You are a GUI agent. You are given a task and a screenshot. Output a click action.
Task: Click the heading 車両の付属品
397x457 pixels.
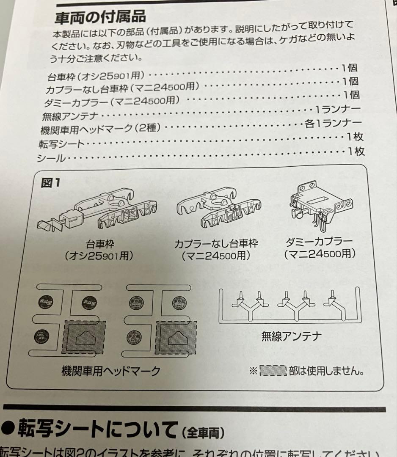click(101, 17)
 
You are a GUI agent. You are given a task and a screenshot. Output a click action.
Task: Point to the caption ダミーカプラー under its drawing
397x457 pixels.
click(320, 242)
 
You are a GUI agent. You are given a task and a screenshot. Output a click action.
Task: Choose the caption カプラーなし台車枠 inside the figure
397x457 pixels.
click(216, 245)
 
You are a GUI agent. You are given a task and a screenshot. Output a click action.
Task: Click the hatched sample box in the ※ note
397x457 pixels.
click(273, 371)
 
